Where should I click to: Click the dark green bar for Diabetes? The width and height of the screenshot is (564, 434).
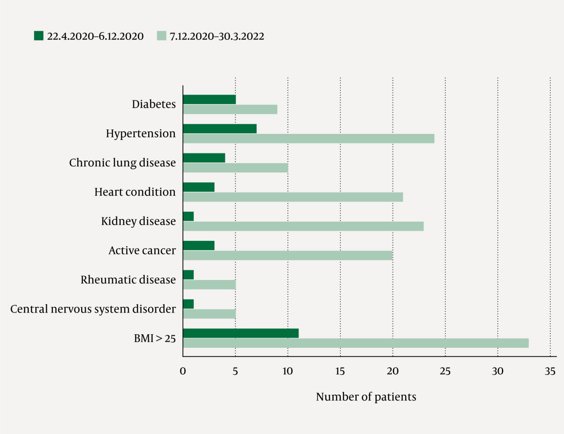(209, 99)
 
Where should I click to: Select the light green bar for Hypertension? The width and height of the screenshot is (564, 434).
(309, 139)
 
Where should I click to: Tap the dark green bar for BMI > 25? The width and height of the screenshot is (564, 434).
(241, 333)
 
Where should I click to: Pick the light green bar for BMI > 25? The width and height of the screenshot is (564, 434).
(356, 343)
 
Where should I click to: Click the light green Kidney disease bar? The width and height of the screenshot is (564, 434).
(303, 226)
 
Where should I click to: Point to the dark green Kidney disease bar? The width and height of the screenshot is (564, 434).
(188, 216)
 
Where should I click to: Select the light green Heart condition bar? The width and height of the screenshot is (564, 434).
(293, 197)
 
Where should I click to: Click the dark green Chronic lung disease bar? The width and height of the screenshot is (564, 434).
(204, 158)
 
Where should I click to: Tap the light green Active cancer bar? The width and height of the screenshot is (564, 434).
(288, 256)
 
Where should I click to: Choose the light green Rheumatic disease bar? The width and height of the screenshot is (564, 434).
(209, 285)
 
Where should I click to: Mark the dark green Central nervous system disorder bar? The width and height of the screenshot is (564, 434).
(188, 304)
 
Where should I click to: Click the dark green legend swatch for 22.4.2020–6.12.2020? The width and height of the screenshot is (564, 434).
(39, 36)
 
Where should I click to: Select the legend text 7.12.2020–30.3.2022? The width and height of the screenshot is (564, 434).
(217, 36)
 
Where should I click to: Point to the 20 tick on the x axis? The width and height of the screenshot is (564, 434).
(393, 371)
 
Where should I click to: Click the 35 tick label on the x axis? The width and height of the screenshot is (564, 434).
(550, 371)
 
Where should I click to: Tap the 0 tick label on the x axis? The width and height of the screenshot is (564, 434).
(183, 371)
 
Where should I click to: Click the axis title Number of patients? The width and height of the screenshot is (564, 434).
(366, 397)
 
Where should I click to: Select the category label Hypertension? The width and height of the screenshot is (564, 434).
(141, 134)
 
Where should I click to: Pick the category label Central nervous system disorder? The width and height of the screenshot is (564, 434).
(93, 309)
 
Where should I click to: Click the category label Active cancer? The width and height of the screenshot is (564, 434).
(142, 251)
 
